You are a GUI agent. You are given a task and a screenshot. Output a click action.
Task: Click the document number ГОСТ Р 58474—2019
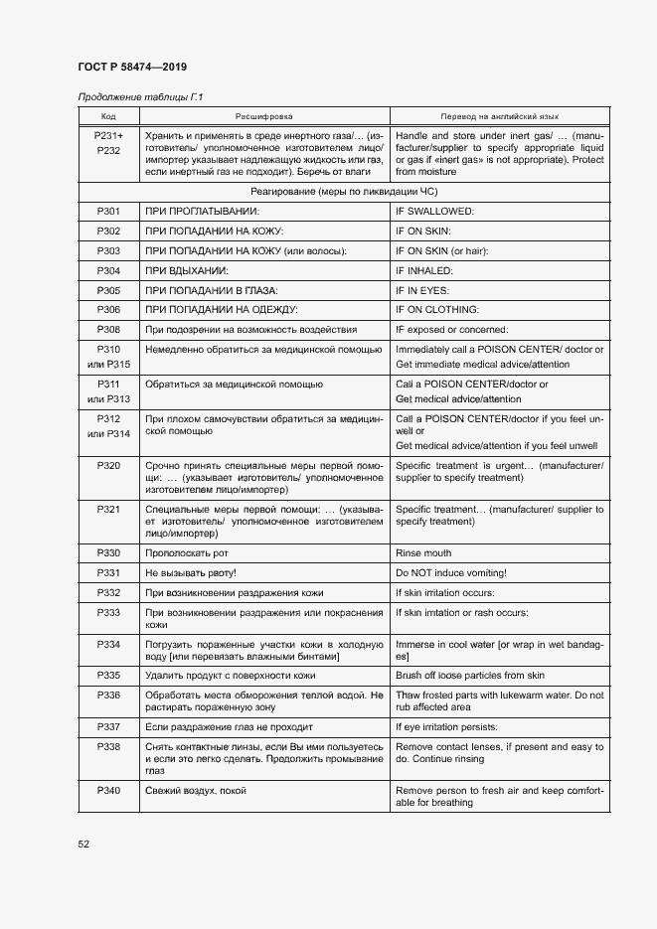pyautogui.click(x=132, y=66)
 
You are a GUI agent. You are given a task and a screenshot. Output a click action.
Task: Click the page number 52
pyautogui.click(x=84, y=845)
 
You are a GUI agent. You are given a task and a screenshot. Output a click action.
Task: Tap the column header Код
pyautogui.click(x=108, y=116)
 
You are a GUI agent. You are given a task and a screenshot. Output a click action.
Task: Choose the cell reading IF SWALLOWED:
pyautogui.click(x=434, y=212)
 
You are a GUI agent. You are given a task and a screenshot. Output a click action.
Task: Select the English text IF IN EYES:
pyautogui.click(x=422, y=290)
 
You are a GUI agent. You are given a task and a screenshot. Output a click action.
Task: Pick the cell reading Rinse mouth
pyautogui.click(x=423, y=553)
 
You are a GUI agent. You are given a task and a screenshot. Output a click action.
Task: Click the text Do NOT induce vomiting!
pyautogui.click(x=451, y=573)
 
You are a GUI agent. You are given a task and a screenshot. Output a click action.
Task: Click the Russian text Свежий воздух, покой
pyautogui.click(x=196, y=791)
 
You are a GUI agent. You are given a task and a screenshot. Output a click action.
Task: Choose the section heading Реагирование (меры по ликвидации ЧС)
pyautogui.click(x=344, y=190)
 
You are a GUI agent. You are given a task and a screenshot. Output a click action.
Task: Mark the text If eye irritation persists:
pyautogui.click(x=453, y=726)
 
